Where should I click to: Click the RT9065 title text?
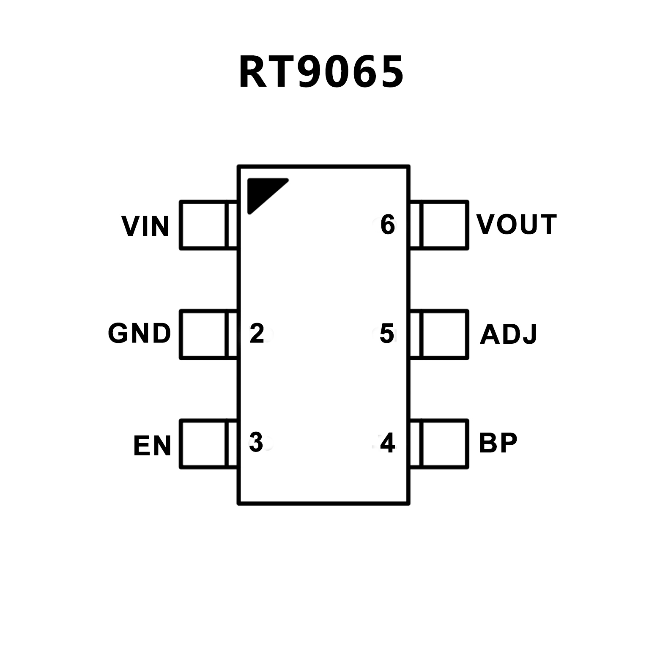coord(321,72)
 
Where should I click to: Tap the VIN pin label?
coord(145,226)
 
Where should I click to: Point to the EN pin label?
coord(152,446)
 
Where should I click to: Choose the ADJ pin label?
coord(508,334)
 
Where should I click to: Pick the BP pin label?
coord(498,443)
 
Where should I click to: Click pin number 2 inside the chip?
coord(257,333)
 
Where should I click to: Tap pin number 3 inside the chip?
coord(256,442)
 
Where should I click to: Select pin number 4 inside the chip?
coord(387,443)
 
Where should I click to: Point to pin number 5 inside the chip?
coord(386,333)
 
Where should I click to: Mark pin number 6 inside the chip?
coord(387,225)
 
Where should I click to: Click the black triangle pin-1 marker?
coord(262,192)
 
